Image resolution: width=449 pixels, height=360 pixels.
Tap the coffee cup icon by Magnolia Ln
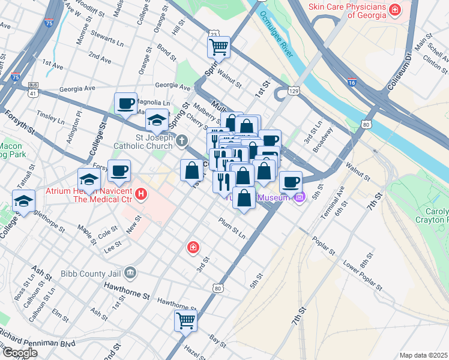tap(126, 104)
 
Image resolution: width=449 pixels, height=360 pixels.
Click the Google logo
tap(20, 353)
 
